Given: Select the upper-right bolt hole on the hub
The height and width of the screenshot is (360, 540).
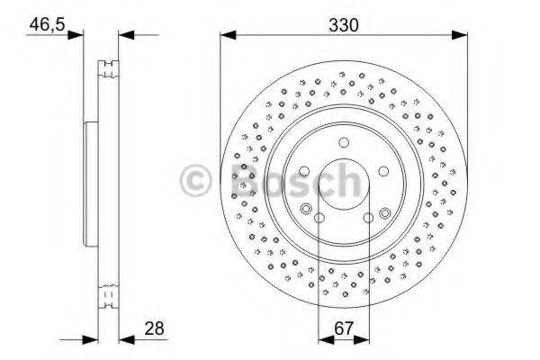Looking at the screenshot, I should (x=382, y=172).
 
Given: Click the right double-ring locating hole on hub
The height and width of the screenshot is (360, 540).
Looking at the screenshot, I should (x=385, y=213).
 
